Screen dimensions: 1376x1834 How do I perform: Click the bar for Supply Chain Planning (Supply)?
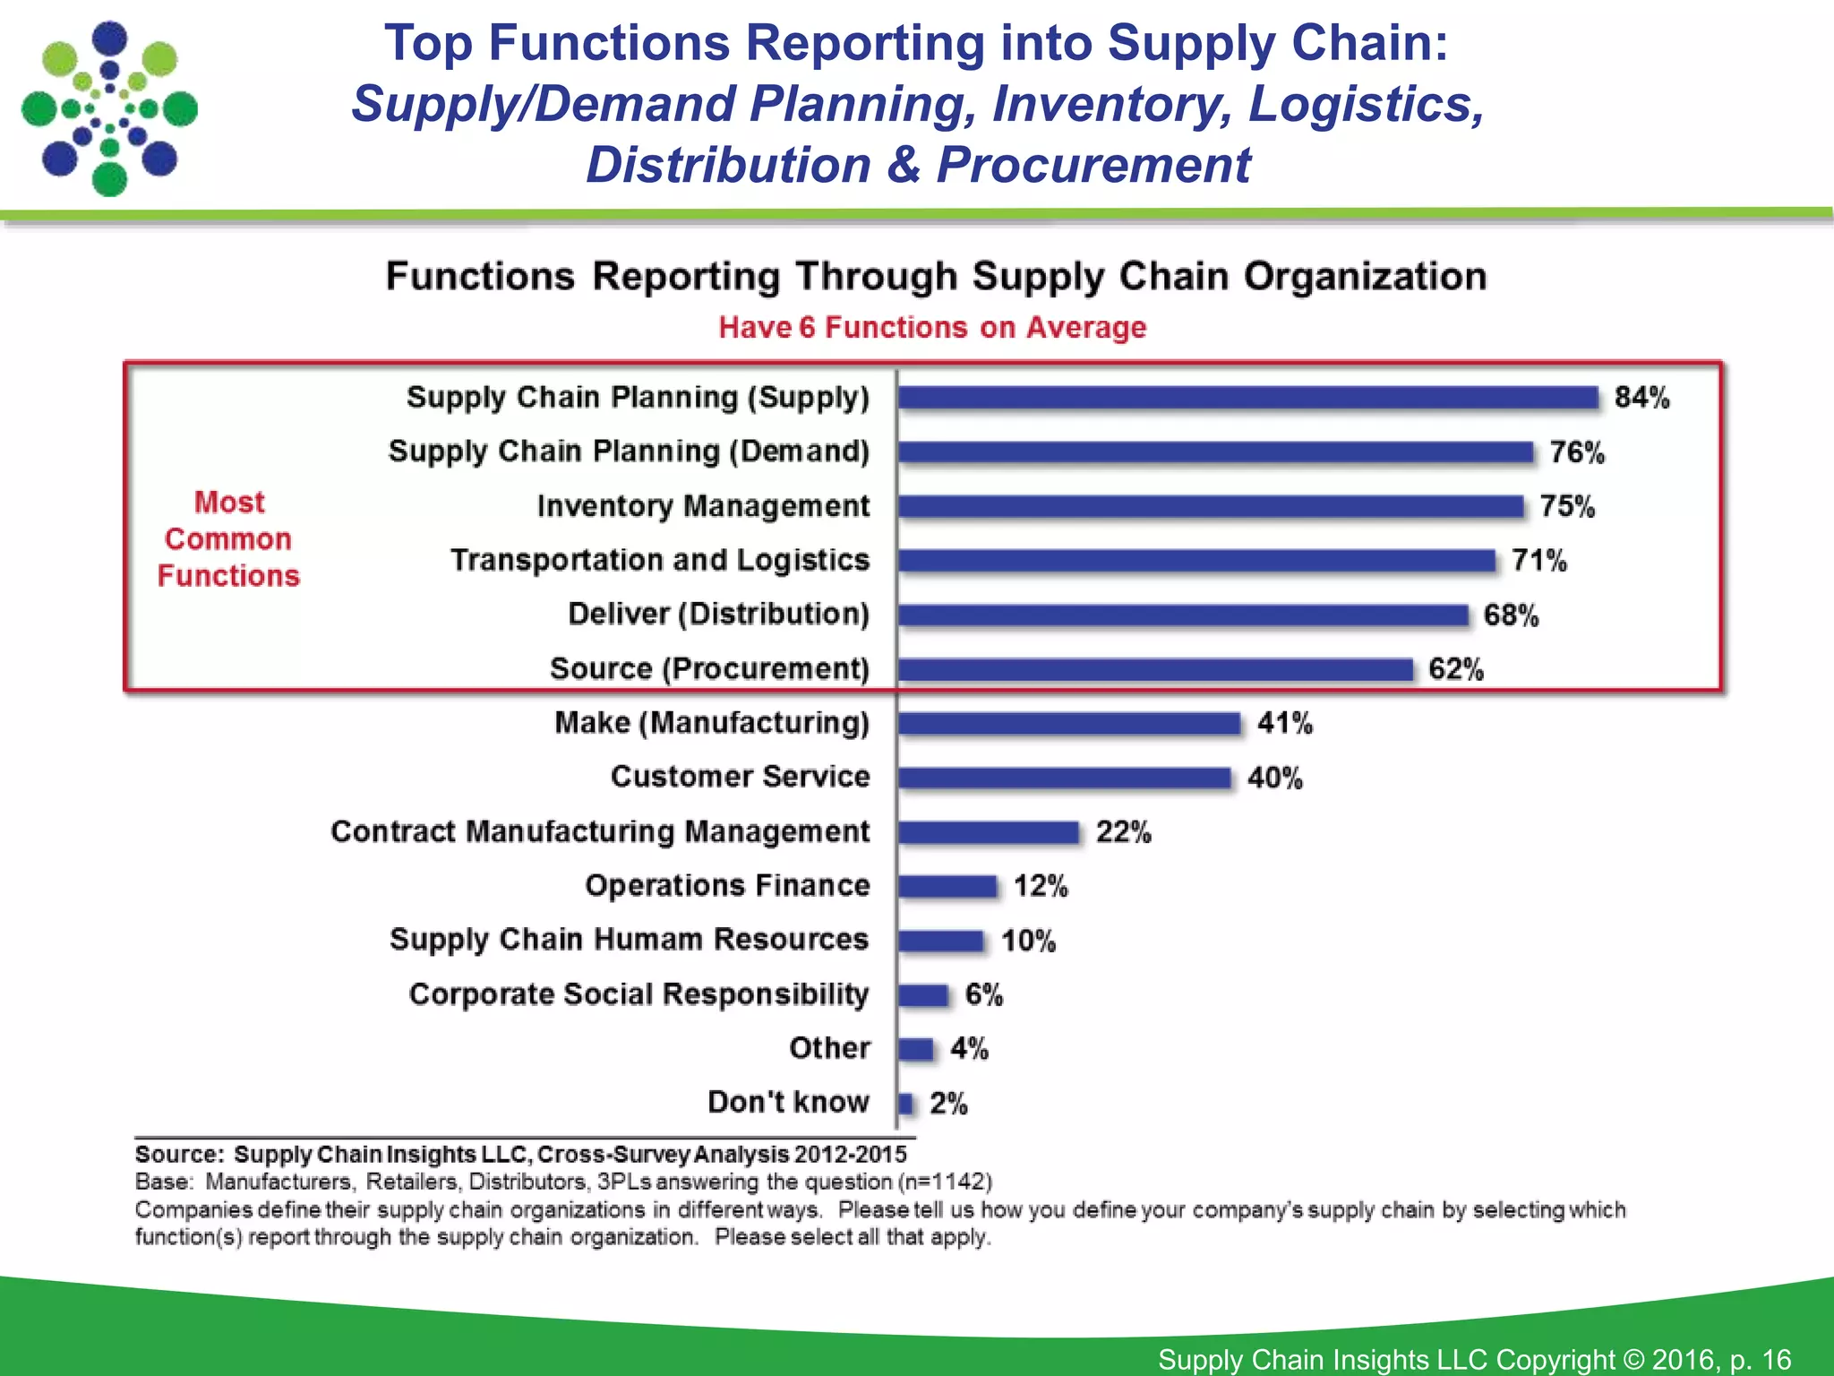click(x=1248, y=398)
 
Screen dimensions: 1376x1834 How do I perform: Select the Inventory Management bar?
click(x=1211, y=506)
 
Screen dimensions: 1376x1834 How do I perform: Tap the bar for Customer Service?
click(x=1065, y=778)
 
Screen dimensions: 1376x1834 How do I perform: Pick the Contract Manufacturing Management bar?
click(x=989, y=832)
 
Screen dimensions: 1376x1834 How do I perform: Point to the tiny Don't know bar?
click(x=905, y=1103)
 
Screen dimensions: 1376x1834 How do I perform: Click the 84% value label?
click(x=1641, y=398)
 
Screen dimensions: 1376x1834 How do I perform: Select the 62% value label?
click(x=1455, y=669)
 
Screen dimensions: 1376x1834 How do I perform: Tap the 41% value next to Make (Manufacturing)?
click(x=1284, y=723)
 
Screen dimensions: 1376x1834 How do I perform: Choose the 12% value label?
click(x=1041, y=886)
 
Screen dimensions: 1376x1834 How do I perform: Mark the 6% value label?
click(x=983, y=994)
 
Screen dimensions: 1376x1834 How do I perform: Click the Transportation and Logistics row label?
click(x=660, y=560)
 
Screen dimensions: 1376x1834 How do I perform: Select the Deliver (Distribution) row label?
click(x=718, y=615)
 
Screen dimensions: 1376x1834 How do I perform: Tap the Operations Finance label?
click(x=727, y=885)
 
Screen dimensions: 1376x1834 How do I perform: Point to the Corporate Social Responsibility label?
click(x=638, y=994)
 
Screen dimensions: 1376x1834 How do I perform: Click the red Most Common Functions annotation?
click(x=229, y=539)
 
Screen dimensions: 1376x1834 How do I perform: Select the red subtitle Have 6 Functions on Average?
click(x=932, y=328)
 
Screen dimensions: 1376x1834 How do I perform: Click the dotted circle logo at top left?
click(x=109, y=109)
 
